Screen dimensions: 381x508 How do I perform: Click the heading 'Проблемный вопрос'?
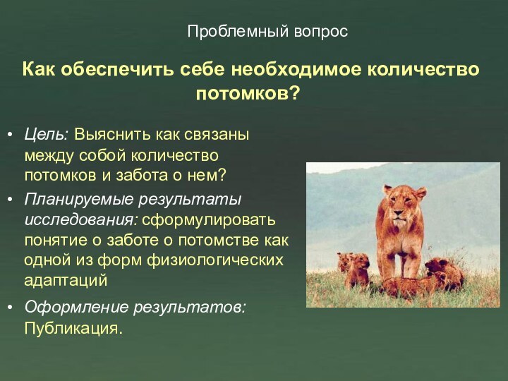point(267,31)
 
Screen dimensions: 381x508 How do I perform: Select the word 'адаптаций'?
point(66,279)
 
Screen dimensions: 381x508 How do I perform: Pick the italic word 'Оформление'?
point(76,308)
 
